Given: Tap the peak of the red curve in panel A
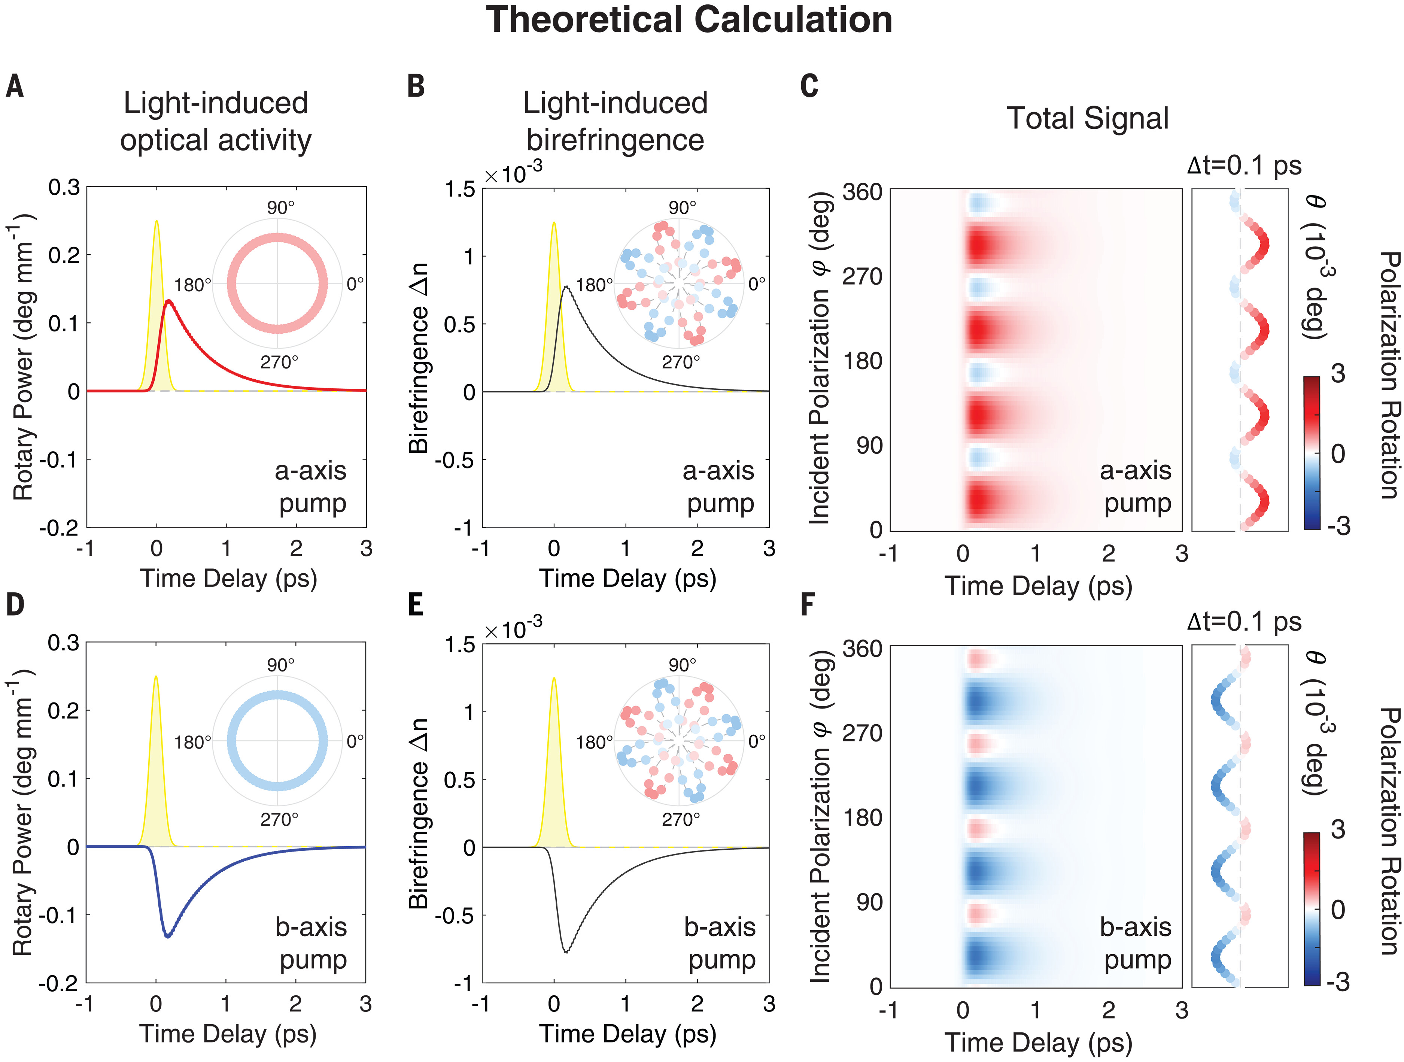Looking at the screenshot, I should (168, 301).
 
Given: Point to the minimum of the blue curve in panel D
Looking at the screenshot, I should (168, 936).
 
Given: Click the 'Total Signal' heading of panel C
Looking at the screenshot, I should (1087, 119).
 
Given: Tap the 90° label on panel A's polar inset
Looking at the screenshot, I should (280, 207).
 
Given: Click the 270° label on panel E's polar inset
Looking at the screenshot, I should (681, 819).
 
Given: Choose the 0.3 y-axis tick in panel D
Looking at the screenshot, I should (64, 643).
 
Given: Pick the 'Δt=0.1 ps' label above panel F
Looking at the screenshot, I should (1244, 622).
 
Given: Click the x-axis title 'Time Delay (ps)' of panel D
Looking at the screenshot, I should (228, 1034).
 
